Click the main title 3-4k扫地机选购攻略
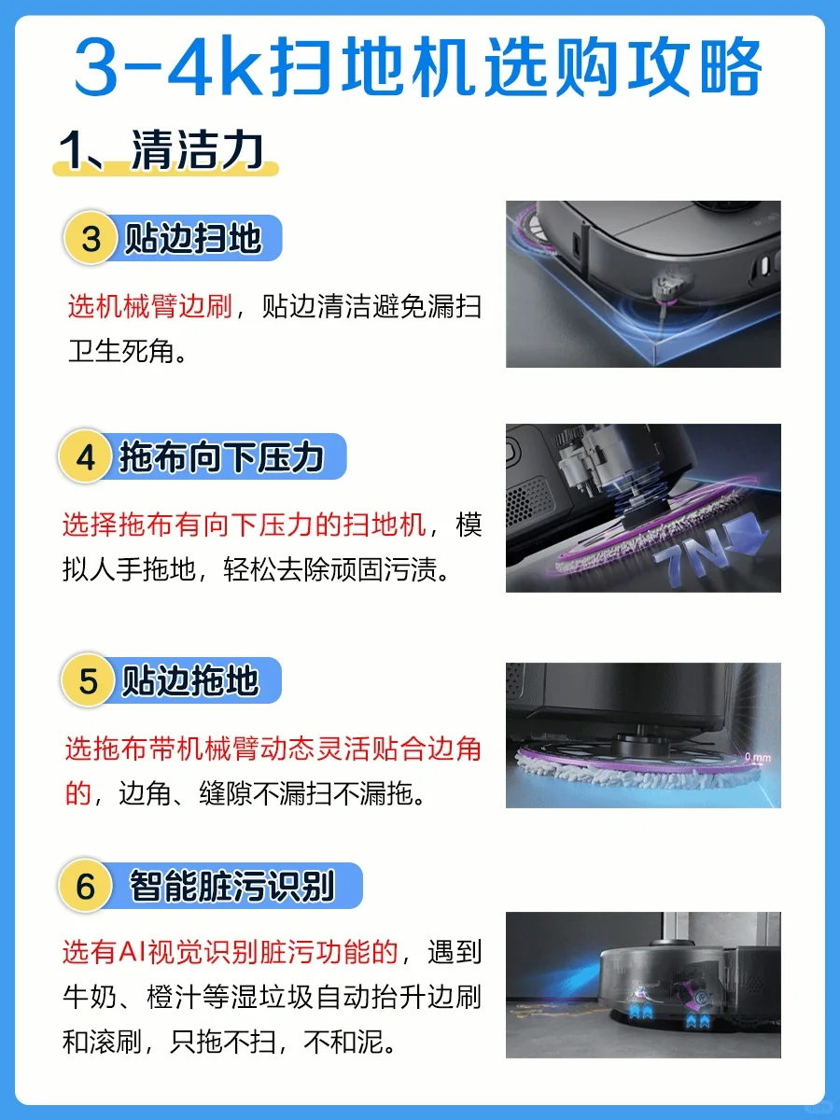418,66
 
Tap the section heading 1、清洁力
161,149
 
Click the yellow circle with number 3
91,238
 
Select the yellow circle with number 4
86,456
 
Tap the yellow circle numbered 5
88,680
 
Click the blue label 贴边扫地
193,238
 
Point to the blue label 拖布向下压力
221,456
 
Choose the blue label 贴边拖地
190,680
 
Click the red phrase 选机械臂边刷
150,307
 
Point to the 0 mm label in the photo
758,757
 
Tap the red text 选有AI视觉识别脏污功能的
230,952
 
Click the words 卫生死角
121,351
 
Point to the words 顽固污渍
384,569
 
